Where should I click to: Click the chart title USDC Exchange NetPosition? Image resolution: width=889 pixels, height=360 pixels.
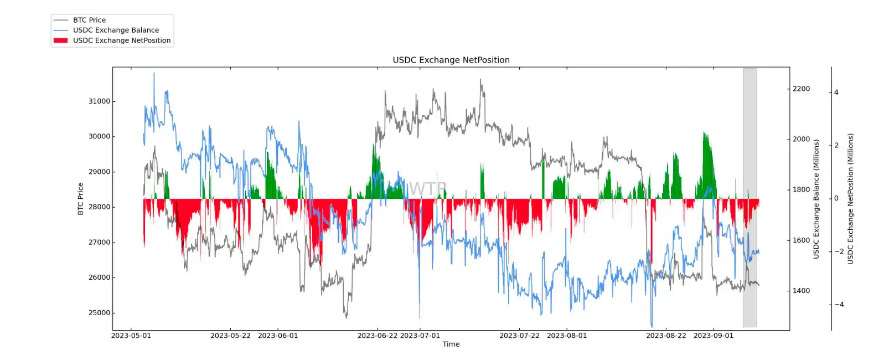tap(451, 60)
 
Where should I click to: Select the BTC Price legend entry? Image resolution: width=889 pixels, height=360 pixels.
tap(89, 20)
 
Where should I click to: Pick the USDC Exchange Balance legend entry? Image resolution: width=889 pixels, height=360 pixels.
tap(116, 30)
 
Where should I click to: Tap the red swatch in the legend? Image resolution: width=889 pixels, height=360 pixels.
tap(60, 40)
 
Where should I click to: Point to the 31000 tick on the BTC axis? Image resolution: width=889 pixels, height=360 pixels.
tap(99, 101)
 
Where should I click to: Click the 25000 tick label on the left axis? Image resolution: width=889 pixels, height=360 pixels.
tap(99, 313)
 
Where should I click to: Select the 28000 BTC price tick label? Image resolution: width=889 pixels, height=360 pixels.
tap(99, 207)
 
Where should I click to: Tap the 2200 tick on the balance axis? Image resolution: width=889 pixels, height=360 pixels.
tap(800, 89)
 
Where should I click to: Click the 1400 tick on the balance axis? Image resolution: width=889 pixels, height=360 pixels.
tap(800, 291)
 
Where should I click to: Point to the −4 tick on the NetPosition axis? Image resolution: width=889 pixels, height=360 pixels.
tap(839, 305)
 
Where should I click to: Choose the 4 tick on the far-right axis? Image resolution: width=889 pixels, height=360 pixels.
tap(836, 92)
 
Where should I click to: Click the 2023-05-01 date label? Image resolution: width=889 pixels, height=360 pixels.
tap(131, 336)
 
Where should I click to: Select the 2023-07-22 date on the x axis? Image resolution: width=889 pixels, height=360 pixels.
tap(519, 336)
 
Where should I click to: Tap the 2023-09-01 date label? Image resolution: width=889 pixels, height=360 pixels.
tap(713, 336)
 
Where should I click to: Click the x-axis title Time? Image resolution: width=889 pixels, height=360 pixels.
tap(451, 344)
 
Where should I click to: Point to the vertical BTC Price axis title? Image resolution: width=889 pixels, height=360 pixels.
tap(81, 199)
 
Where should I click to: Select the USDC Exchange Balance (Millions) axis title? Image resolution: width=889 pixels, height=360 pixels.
tap(816, 199)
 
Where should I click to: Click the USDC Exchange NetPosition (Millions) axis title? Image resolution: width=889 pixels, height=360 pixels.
tap(851, 199)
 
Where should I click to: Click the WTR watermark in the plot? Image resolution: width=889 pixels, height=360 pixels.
tap(427, 189)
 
